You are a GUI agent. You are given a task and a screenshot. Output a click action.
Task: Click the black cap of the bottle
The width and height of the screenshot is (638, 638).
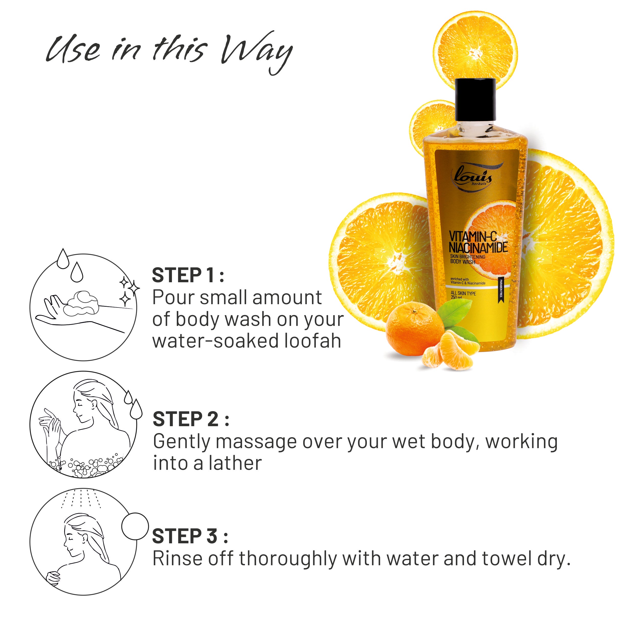pyautogui.click(x=475, y=100)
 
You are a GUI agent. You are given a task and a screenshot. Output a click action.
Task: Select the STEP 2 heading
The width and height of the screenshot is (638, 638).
pyautogui.click(x=191, y=419)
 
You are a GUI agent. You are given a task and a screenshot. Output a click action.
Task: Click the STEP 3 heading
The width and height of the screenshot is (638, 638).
pyautogui.click(x=190, y=536)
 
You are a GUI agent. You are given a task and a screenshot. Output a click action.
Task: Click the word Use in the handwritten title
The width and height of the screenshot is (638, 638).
pyautogui.click(x=73, y=50)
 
